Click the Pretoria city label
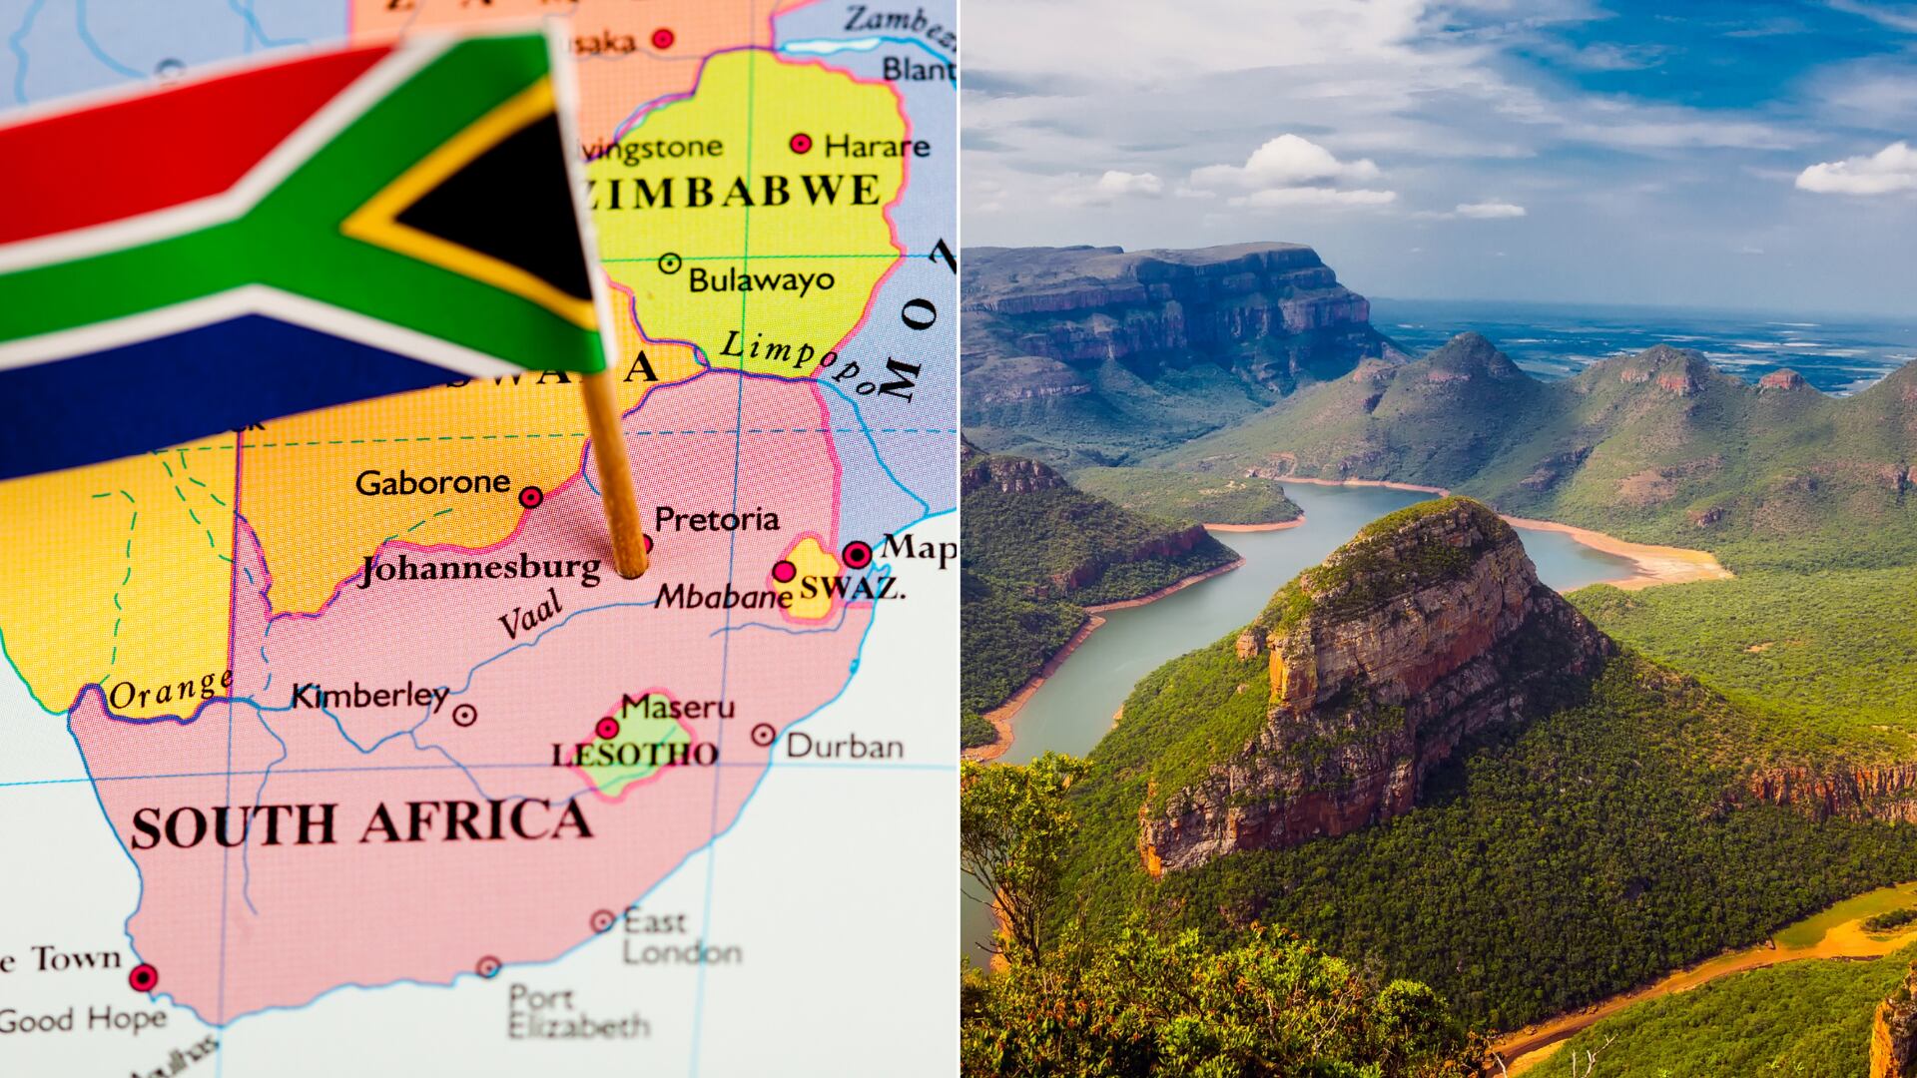pyautogui.click(x=716, y=519)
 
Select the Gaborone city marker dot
pyautogui.click(x=531, y=497)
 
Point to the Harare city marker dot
pyautogui.click(x=801, y=144)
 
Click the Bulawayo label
pyautogui.click(x=761, y=279)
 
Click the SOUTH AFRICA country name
pyautogui.click(x=360, y=824)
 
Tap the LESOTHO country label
pyautogui.click(x=635, y=755)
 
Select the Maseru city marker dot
pyautogui.click(x=607, y=728)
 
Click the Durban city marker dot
pyautogui.click(x=764, y=736)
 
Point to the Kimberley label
pyautogui.click(x=369, y=696)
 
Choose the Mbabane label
pyautogui.click(x=723, y=597)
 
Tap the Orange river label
pyautogui.click(x=170, y=690)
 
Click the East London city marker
pyautogui.click(x=602, y=921)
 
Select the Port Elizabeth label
pyautogui.click(x=577, y=1010)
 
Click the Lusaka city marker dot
pyautogui.click(x=663, y=39)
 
